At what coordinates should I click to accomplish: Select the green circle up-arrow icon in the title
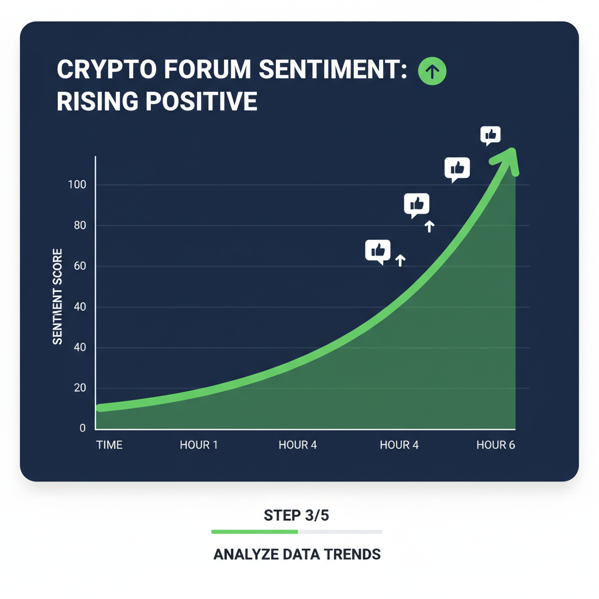point(432,71)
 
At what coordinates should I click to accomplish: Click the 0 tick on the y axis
point(82,429)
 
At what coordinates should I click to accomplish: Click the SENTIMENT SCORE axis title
point(58,297)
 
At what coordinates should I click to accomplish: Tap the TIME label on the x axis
point(109,445)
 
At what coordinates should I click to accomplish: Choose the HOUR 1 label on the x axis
point(199,445)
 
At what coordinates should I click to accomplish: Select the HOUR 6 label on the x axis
point(495,445)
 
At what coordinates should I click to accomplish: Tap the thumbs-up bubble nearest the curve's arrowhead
point(490,135)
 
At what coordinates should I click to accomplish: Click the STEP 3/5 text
point(297,516)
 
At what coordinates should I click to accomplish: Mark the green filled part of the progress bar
point(254,532)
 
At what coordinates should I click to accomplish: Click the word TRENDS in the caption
point(352,554)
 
